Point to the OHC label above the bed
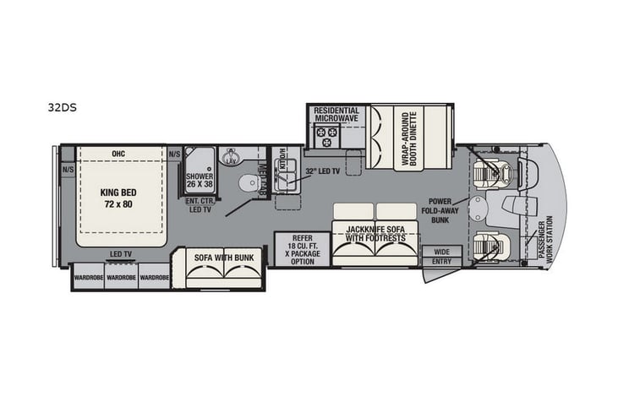click(x=118, y=154)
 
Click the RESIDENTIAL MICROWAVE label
click(x=336, y=114)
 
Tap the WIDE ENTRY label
click(x=442, y=257)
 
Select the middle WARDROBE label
click(x=121, y=277)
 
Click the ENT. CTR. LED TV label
click(x=200, y=206)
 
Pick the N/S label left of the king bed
click(x=67, y=169)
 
